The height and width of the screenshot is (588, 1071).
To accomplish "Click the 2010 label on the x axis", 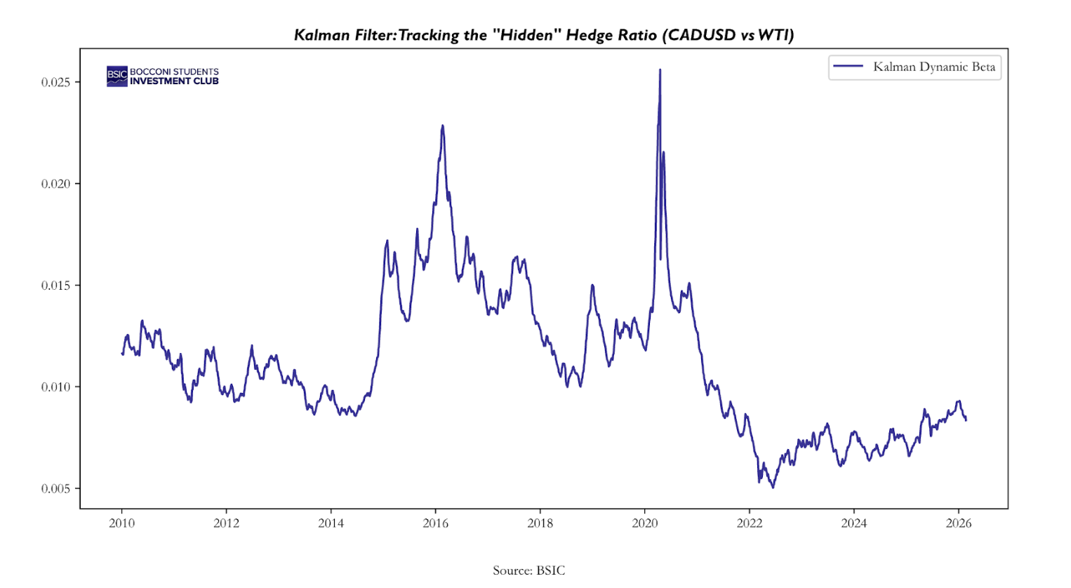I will click(x=122, y=523).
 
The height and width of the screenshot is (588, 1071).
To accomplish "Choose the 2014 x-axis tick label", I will click(x=331, y=523).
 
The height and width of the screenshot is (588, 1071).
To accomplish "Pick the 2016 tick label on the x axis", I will click(x=436, y=523).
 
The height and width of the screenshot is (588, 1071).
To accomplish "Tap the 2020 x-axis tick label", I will click(x=645, y=523).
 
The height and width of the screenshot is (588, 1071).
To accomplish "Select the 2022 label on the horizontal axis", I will click(x=750, y=523).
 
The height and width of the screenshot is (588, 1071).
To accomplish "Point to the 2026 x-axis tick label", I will click(x=959, y=523).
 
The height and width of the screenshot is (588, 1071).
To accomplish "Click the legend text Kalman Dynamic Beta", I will click(x=934, y=67).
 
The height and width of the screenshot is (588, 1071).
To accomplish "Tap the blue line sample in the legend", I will click(x=848, y=67).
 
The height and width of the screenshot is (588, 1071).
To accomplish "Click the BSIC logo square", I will click(x=117, y=76).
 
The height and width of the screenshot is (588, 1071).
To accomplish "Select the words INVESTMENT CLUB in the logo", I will click(x=174, y=81).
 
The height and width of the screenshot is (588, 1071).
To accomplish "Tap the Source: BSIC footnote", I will click(x=528, y=570).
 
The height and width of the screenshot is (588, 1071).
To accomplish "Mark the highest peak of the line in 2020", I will click(x=660, y=70).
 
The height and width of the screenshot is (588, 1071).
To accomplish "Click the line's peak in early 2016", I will click(x=442, y=126).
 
